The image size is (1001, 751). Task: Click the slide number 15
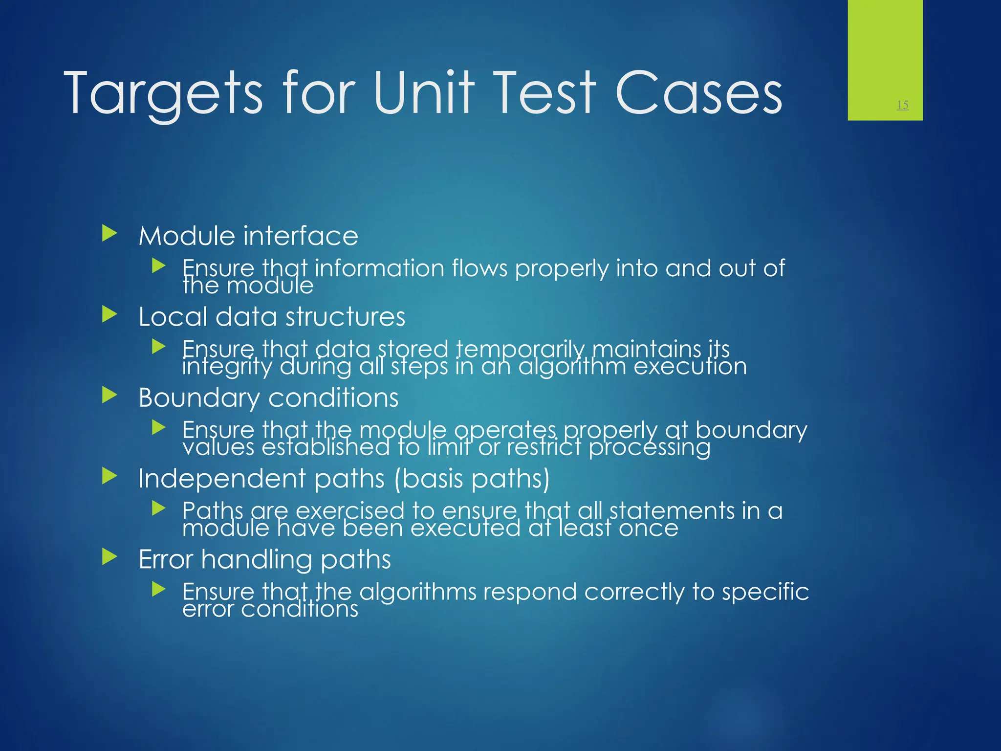point(902,105)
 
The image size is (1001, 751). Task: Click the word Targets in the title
point(163,93)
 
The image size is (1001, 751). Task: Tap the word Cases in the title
point(698,93)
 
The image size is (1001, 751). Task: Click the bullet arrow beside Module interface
point(110,233)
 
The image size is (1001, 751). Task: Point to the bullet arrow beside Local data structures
point(110,314)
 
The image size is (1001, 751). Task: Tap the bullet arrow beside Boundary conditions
point(110,395)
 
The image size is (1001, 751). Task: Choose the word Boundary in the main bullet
point(199,398)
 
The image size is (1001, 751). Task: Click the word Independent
point(222,479)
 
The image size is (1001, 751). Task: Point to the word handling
point(256,560)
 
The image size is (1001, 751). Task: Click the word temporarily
point(520,350)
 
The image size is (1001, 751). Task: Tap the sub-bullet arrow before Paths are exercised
point(159,508)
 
